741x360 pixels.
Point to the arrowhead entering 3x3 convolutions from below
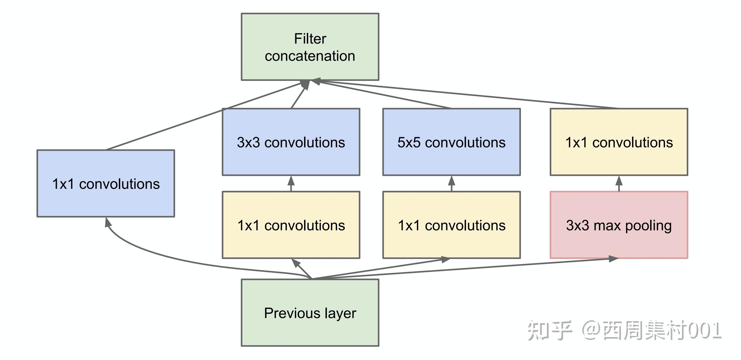[291, 181]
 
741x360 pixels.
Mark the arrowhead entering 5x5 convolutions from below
[452, 181]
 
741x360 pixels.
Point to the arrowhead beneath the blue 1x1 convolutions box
[108, 222]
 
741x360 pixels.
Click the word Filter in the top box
[310, 39]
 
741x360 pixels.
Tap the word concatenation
[310, 56]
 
